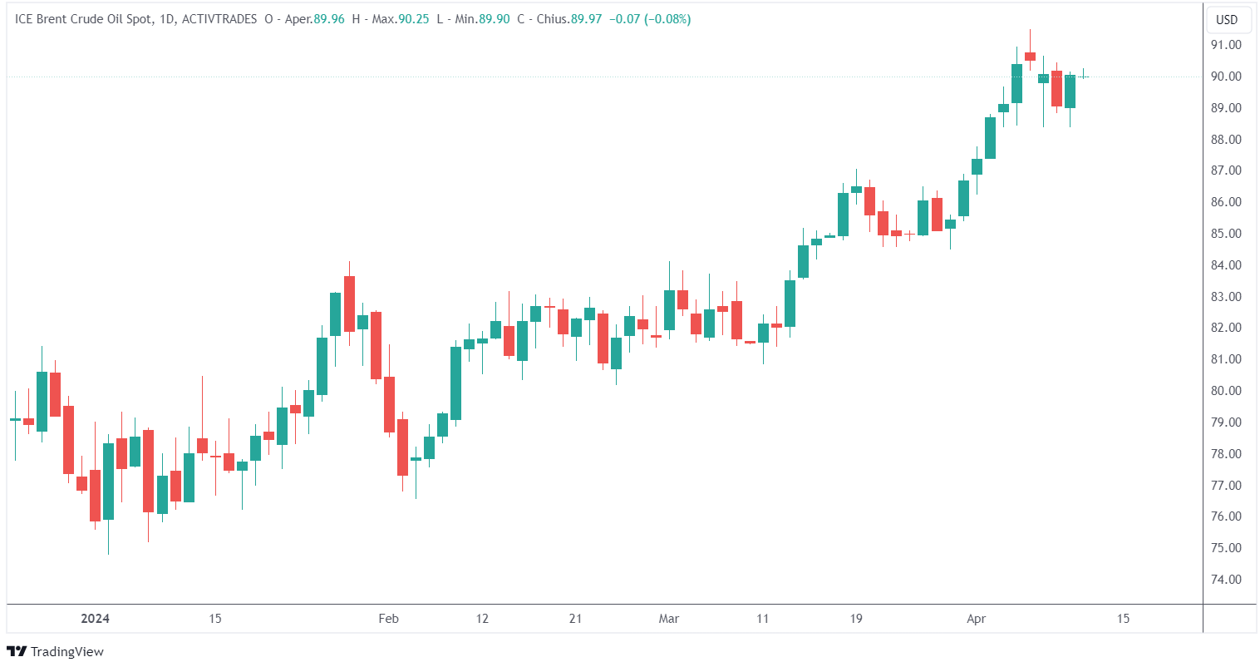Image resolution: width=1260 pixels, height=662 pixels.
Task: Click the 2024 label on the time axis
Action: click(95, 619)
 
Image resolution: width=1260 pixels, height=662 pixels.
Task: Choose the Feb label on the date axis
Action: click(388, 619)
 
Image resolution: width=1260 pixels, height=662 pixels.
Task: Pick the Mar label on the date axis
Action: click(669, 619)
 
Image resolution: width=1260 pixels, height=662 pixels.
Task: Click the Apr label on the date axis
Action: click(977, 619)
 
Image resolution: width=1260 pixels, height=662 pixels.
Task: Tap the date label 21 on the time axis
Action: click(575, 619)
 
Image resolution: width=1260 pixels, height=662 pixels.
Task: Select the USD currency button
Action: click(1227, 20)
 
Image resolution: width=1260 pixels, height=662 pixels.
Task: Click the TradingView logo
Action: click(56, 651)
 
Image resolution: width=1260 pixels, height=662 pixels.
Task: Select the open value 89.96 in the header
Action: click(329, 19)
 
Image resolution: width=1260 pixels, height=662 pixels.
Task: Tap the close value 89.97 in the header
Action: click(586, 19)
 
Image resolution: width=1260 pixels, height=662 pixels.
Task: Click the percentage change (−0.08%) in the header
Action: click(666, 19)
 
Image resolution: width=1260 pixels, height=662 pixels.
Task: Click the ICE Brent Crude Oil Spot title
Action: click(83, 19)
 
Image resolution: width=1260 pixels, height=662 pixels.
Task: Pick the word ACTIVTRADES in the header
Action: click(219, 19)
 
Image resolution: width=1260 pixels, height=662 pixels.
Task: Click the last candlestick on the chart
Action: click(1083, 77)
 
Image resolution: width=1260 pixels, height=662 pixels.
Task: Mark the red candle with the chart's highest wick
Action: click(1030, 57)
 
